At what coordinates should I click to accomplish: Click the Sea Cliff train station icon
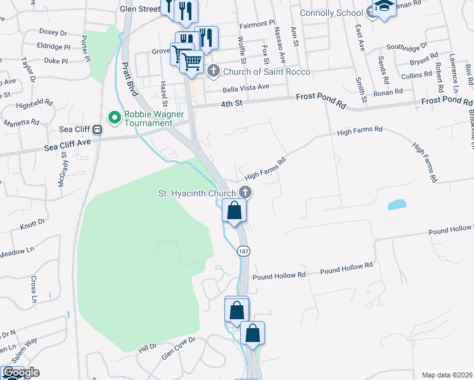[x=98, y=130]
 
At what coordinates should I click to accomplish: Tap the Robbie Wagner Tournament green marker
[x=115, y=117]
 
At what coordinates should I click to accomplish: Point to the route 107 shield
[x=243, y=251]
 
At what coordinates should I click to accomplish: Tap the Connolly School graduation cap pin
[x=384, y=8]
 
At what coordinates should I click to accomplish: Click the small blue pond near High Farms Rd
[x=396, y=205]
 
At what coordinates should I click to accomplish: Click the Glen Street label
[x=140, y=9]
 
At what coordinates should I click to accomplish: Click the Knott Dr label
[x=33, y=224]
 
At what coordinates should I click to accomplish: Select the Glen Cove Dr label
[x=179, y=349]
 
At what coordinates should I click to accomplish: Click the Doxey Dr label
[x=53, y=32]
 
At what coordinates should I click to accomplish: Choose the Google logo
[x=21, y=372]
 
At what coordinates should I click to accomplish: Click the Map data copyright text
[x=447, y=375]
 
